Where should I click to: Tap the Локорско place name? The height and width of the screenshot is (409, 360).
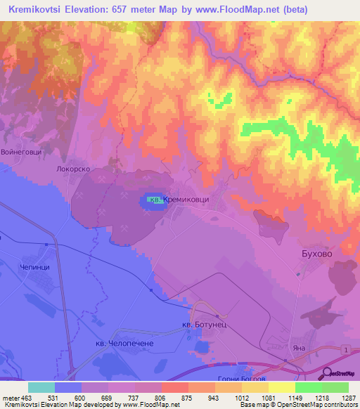point(75,169)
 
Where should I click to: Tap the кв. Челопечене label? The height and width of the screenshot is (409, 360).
point(124,342)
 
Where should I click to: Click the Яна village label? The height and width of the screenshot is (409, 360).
point(300,348)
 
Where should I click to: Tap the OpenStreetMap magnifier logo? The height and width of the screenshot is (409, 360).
point(327,373)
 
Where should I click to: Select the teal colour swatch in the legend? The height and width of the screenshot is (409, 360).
point(41,388)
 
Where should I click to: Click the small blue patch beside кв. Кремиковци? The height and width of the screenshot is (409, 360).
point(150,201)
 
